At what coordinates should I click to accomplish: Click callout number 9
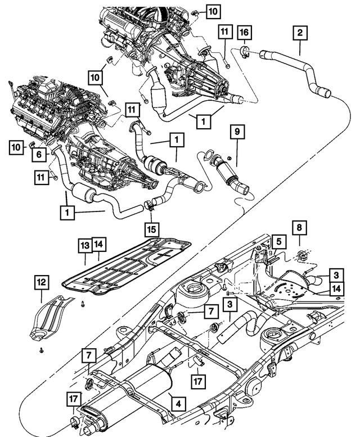point(237,133)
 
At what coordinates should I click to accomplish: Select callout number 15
point(151,229)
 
